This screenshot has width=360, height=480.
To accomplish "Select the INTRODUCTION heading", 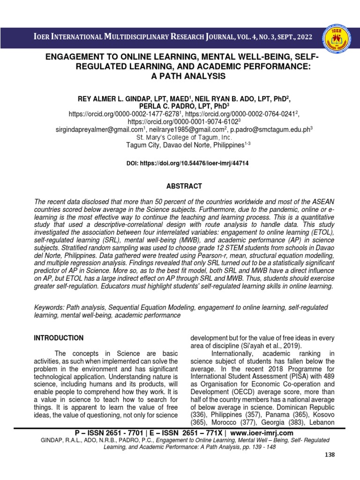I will pos(59,338).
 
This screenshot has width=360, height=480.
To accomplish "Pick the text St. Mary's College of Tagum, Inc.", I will pos(184,137).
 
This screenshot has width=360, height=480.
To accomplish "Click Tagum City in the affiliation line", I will pos(142,145).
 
